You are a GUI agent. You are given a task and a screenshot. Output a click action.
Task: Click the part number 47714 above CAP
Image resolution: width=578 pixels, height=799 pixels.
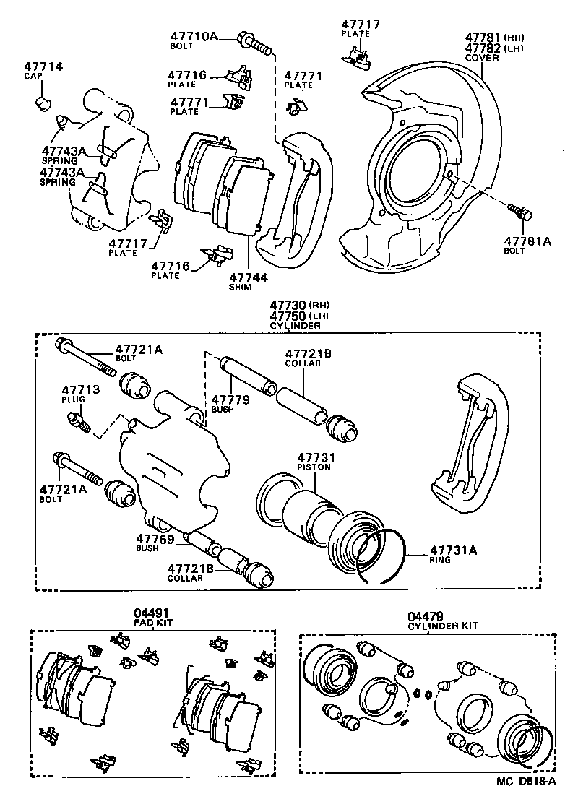pyautogui.click(x=43, y=67)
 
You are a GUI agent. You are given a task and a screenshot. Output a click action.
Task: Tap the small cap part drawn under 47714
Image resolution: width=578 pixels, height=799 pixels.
pyautogui.click(x=45, y=103)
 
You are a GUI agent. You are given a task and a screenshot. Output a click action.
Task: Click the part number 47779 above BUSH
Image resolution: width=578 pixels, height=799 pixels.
pyautogui.click(x=230, y=399)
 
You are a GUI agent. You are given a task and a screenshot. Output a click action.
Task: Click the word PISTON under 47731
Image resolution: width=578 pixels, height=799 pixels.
pyautogui.click(x=314, y=467)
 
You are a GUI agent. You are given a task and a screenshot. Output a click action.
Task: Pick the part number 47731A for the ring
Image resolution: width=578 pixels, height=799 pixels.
pyautogui.click(x=454, y=550)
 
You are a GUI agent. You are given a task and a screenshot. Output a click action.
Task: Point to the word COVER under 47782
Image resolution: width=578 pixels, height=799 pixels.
pyautogui.click(x=482, y=58)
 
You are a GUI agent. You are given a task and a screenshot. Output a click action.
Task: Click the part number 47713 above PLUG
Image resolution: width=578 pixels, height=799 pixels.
pyautogui.click(x=79, y=390)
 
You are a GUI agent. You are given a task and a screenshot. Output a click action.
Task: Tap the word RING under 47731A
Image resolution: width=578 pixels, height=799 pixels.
pyautogui.click(x=439, y=560)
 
